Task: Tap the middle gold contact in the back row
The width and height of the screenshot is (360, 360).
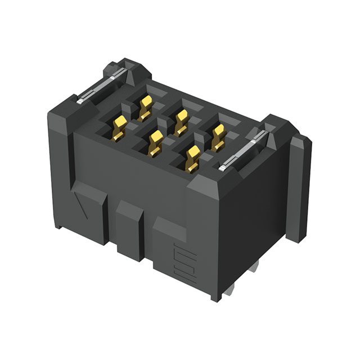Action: coord(181,121)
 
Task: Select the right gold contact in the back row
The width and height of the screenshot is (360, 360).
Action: coord(218,136)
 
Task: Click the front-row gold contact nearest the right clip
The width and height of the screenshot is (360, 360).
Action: coord(193,158)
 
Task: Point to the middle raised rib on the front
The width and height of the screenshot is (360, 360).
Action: coord(130,225)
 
